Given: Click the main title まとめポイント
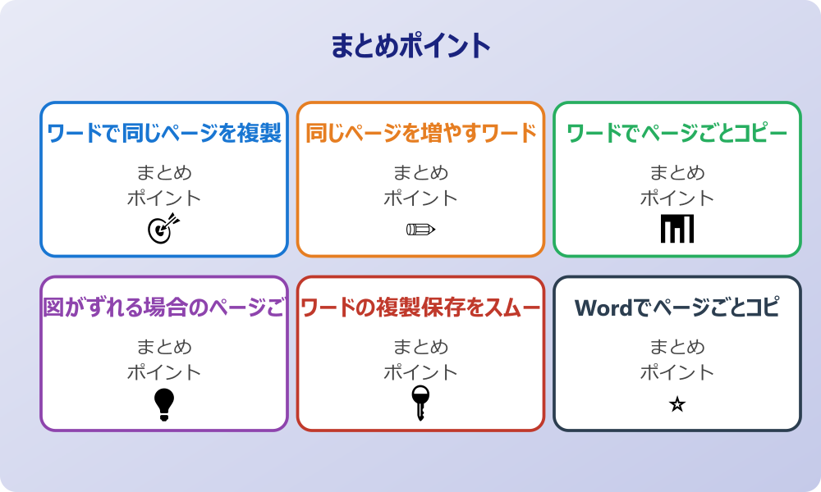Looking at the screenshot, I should point(410,46).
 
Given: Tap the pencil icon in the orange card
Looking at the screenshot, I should point(420,229).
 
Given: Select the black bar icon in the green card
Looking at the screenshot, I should point(677,229).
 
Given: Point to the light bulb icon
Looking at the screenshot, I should point(164,403).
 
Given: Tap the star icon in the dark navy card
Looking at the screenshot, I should point(677,404).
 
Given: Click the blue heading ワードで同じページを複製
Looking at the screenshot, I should point(164,133).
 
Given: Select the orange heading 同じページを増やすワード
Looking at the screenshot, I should point(420,133).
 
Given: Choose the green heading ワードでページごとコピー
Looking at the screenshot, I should point(677,133).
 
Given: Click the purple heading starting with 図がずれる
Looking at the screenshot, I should point(164,307).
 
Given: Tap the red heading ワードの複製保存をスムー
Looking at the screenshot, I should point(420,307).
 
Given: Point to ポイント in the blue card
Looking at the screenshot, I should point(164,198).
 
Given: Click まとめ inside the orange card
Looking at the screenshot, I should point(420,173).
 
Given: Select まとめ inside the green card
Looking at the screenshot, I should point(677,173).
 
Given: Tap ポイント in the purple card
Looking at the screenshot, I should point(164,372).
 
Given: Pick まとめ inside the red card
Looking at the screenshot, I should point(420,347).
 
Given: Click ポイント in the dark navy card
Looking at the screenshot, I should point(677,372).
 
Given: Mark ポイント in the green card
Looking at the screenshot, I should point(677,198).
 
